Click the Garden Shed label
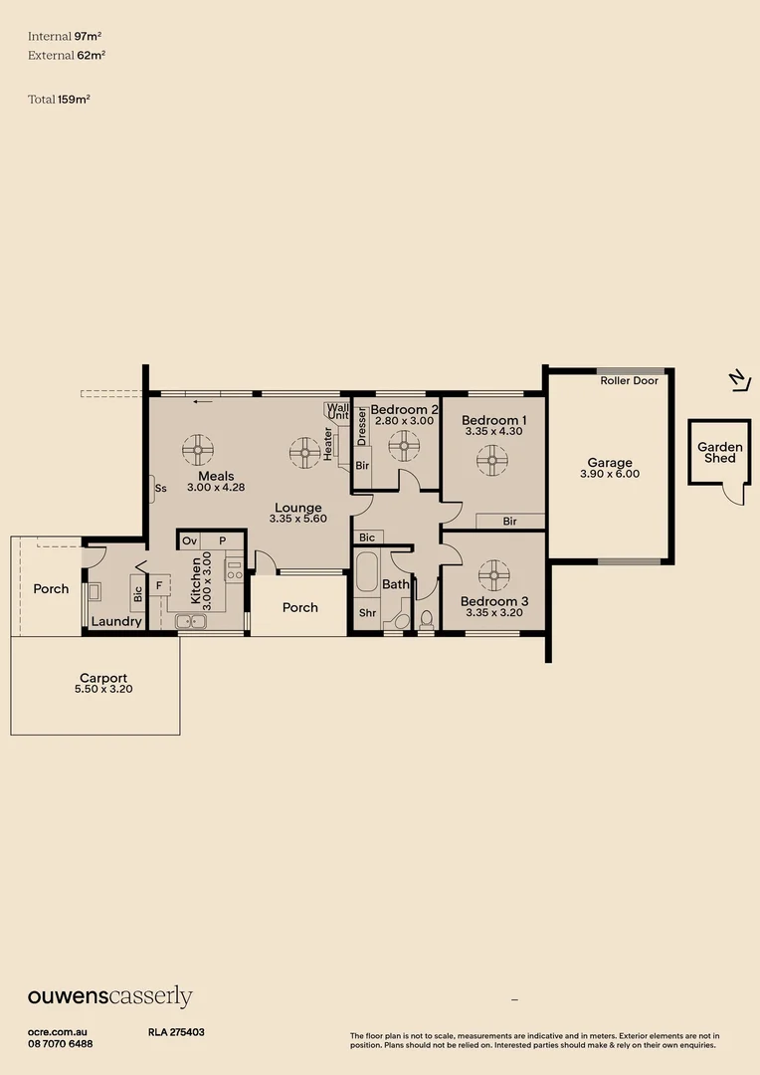[x=719, y=453]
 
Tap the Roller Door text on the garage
[x=629, y=380]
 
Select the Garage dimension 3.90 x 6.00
[x=609, y=475]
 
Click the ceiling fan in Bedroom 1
[x=491, y=460]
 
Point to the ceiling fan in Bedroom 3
[x=493, y=574]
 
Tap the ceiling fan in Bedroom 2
[x=404, y=446]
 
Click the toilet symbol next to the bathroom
[x=427, y=618]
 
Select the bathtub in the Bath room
[x=366, y=575]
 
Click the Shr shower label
[x=367, y=613]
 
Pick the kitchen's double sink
[x=191, y=622]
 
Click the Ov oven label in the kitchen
[x=189, y=540]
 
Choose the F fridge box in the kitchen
[x=158, y=585]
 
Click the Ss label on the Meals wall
[x=160, y=489]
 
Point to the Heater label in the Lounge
[x=327, y=444]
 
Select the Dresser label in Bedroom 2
[x=362, y=427]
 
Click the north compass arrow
[x=736, y=378]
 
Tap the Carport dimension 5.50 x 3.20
[x=103, y=689]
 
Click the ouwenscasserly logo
[x=109, y=997]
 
